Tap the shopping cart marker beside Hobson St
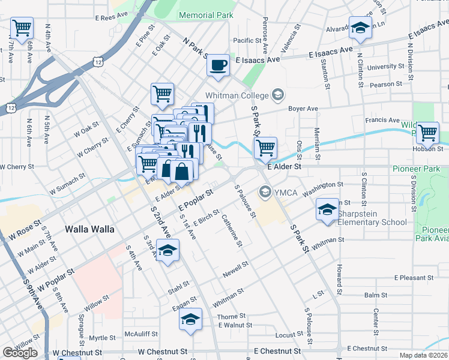pos(427,132)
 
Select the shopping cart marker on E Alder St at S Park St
pos(265,147)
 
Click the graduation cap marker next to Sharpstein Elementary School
pos(328,210)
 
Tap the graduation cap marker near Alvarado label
pos(361,28)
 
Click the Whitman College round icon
pos(278,94)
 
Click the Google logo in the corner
pos(20,353)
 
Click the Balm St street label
pos(376,295)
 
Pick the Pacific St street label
pos(246,40)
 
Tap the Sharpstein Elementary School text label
pos(372,218)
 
